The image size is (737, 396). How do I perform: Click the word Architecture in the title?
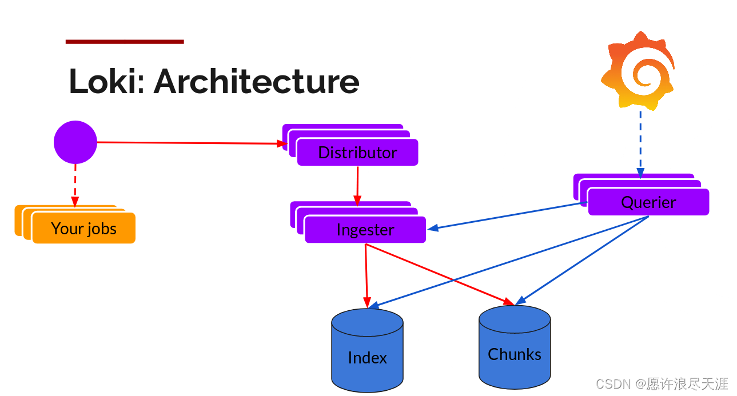[x=257, y=81]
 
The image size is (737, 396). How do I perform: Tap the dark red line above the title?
[x=125, y=41]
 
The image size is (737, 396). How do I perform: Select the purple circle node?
[x=75, y=142]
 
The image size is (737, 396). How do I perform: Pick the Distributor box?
[x=357, y=153]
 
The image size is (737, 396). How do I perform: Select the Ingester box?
[x=365, y=230]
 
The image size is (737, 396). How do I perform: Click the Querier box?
[x=648, y=202]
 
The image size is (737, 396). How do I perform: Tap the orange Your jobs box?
[x=83, y=229]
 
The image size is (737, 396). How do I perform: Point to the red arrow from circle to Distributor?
[x=189, y=143]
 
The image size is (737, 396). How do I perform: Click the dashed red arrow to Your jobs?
[x=75, y=184]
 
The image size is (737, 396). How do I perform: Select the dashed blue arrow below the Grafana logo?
[x=640, y=143]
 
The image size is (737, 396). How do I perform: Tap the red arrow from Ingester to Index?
[x=366, y=274]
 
